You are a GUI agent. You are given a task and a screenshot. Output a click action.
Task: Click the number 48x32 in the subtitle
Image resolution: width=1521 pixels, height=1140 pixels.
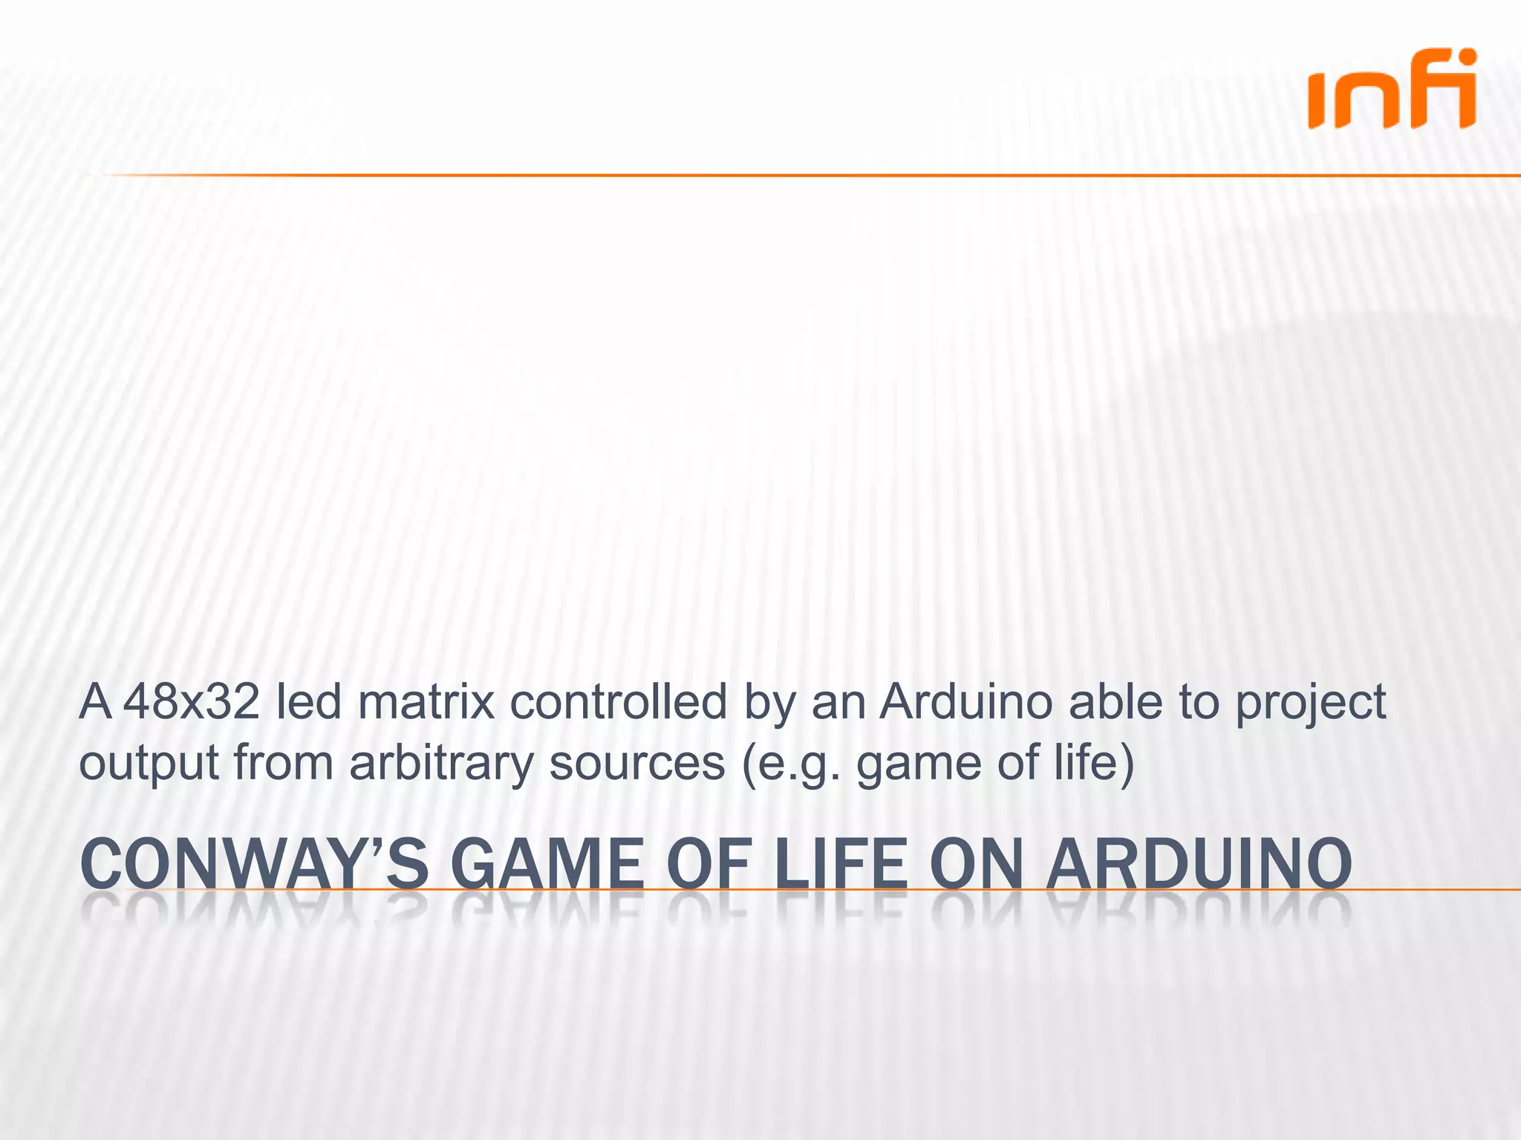pos(192,702)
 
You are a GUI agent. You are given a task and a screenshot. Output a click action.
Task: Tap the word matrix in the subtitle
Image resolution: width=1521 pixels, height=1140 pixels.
pos(426,702)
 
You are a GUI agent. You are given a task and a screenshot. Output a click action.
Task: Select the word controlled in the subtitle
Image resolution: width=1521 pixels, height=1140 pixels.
pos(618,702)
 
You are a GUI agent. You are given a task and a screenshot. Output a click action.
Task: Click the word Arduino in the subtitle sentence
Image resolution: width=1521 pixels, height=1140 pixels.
pos(965,702)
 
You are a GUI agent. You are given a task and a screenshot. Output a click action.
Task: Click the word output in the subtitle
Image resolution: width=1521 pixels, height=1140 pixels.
pos(149,763)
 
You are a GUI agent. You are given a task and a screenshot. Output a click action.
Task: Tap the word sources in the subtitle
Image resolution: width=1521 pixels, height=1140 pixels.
pos(636,763)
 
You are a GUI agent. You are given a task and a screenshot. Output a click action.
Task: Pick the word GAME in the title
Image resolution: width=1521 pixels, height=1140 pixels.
pos(547,864)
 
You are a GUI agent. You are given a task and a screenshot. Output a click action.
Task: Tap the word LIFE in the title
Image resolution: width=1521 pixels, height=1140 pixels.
pos(840,864)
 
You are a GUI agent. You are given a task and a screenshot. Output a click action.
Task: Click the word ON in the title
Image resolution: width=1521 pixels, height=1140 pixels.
pos(979,864)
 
